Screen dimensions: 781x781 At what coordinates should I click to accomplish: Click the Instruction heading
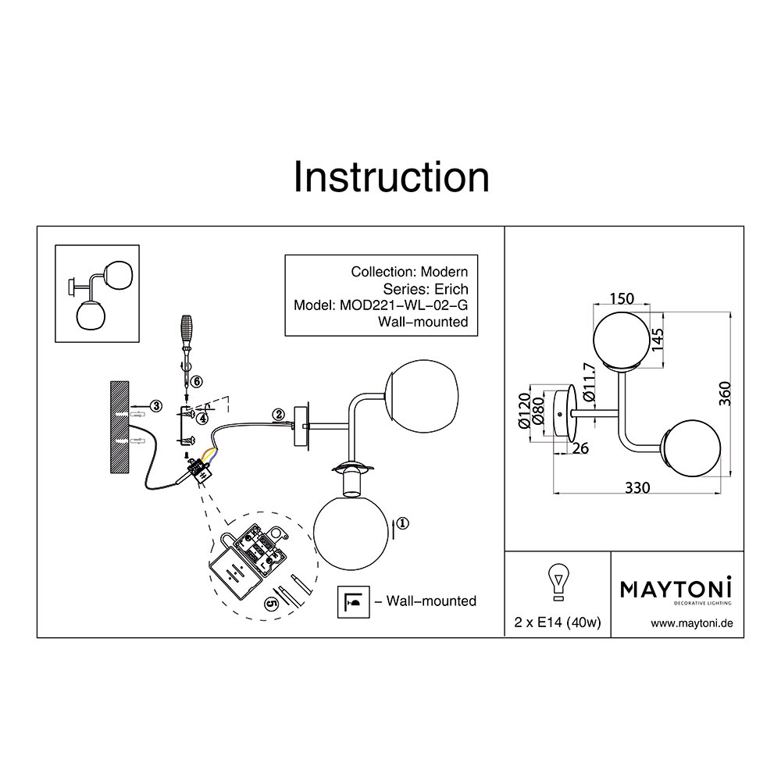pyautogui.click(x=390, y=178)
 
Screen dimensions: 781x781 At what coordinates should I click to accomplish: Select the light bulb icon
pyautogui.click(x=558, y=583)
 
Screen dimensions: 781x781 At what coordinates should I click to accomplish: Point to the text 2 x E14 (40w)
pyautogui.click(x=557, y=622)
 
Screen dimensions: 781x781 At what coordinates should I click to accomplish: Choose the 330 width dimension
pyautogui.click(x=637, y=487)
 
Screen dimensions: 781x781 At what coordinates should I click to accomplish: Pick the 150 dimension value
pyautogui.click(x=621, y=299)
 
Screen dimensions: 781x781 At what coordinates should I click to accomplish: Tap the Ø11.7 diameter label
pyautogui.click(x=589, y=382)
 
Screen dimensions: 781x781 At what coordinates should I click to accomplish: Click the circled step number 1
pyautogui.click(x=401, y=524)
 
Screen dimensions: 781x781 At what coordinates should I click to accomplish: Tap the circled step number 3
pyautogui.click(x=156, y=405)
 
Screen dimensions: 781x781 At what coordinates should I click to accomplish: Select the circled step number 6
pyautogui.click(x=196, y=381)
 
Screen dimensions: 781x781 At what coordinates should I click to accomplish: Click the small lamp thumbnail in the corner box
pyautogui.click(x=98, y=294)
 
